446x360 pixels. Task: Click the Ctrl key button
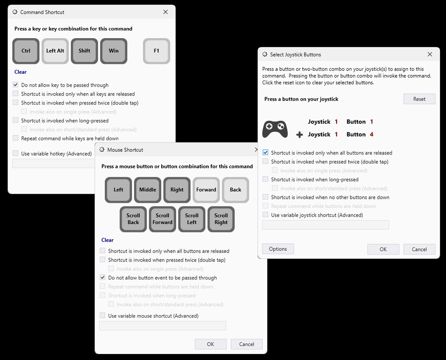click(26, 51)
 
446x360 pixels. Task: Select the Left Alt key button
click(55, 51)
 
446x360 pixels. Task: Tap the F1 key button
click(157, 51)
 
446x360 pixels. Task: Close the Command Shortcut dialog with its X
click(165, 12)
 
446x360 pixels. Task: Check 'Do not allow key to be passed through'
click(16, 85)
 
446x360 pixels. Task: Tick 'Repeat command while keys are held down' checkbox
click(16, 138)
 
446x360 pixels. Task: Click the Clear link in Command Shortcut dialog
click(20, 72)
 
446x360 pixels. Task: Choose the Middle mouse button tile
click(148, 190)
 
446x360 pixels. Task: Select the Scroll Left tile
click(192, 219)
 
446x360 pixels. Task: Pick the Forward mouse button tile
click(206, 190)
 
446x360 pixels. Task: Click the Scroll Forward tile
click(163, 219)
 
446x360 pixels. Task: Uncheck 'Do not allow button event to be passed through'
click(103, 278)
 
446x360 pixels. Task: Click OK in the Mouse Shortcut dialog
click(210, 344)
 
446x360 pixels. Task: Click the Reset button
click(419, 99)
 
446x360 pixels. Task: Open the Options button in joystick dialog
click(278, 249)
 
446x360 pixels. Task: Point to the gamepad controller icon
click(275, 129)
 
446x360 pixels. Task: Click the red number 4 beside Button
click(371, 134)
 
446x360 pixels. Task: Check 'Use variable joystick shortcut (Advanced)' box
click(266, 215)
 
